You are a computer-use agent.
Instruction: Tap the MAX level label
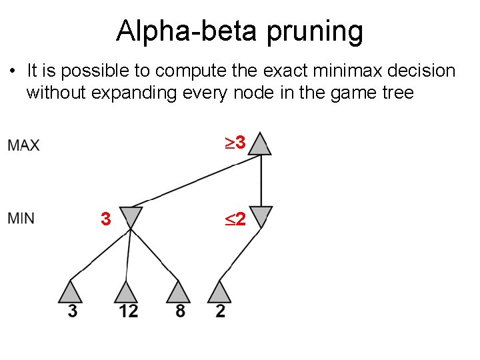coord(24,145)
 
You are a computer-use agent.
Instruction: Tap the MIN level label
coord(22,218)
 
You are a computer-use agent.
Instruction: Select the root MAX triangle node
coord(261,145)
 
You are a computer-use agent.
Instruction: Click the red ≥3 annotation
coord(235,143)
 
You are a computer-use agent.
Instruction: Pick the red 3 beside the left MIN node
coord(105,219)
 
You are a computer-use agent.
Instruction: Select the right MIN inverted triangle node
coord(261,217)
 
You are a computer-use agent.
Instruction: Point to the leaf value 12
coord(129,311)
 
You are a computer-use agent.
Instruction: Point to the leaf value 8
coord(181,311)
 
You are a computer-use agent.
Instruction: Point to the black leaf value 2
coord(221,311)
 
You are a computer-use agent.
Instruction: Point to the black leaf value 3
coord(73,311)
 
